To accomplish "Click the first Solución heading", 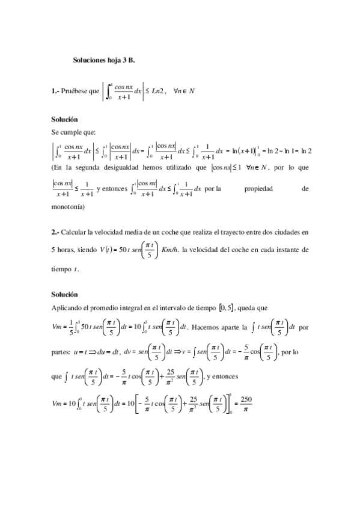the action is click(x=64, y=120).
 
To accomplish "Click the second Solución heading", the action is click(x=64, y=295).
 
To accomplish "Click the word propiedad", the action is click(x=258, y=189).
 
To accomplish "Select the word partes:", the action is click(x=61, y=352).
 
